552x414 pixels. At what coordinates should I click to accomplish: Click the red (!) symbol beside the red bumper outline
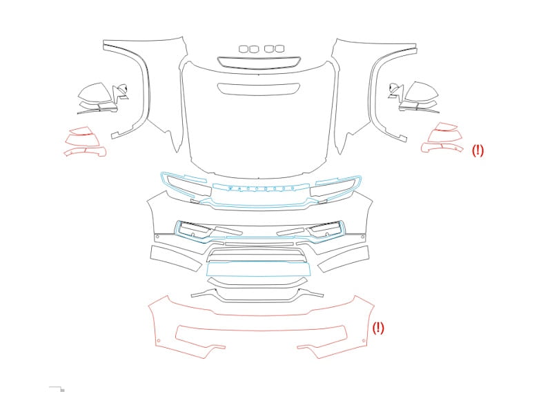378,328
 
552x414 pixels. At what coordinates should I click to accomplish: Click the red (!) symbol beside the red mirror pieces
477,150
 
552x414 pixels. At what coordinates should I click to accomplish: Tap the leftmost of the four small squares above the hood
244,48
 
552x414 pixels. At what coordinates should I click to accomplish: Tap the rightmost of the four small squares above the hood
279,48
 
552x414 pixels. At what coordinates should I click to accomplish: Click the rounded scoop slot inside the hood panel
259,89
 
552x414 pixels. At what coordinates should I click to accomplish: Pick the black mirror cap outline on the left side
92,92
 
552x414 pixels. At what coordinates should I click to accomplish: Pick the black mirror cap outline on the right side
422,91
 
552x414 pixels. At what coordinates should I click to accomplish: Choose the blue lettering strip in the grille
261,187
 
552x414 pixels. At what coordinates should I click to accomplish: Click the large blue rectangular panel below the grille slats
258,269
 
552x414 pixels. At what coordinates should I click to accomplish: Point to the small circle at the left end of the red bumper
159,340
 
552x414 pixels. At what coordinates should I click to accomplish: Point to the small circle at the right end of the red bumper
364,340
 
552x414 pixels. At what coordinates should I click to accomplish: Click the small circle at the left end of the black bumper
157,237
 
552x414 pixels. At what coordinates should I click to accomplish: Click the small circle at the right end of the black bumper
363,237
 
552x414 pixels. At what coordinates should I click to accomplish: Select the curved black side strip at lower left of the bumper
176,259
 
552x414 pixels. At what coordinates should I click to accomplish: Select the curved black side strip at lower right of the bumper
343,259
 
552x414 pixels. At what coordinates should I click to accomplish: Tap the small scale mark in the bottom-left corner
57,388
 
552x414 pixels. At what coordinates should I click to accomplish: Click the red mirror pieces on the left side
85,141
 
